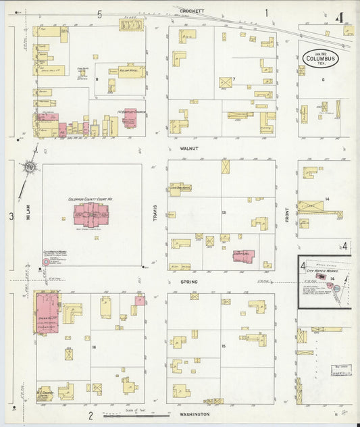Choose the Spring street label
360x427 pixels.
pos(188,280)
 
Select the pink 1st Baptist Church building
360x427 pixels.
pos(130,119)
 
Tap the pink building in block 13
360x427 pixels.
pos(242,256)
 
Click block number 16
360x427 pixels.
pos(95,347)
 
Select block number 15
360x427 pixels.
pos(222,347)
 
